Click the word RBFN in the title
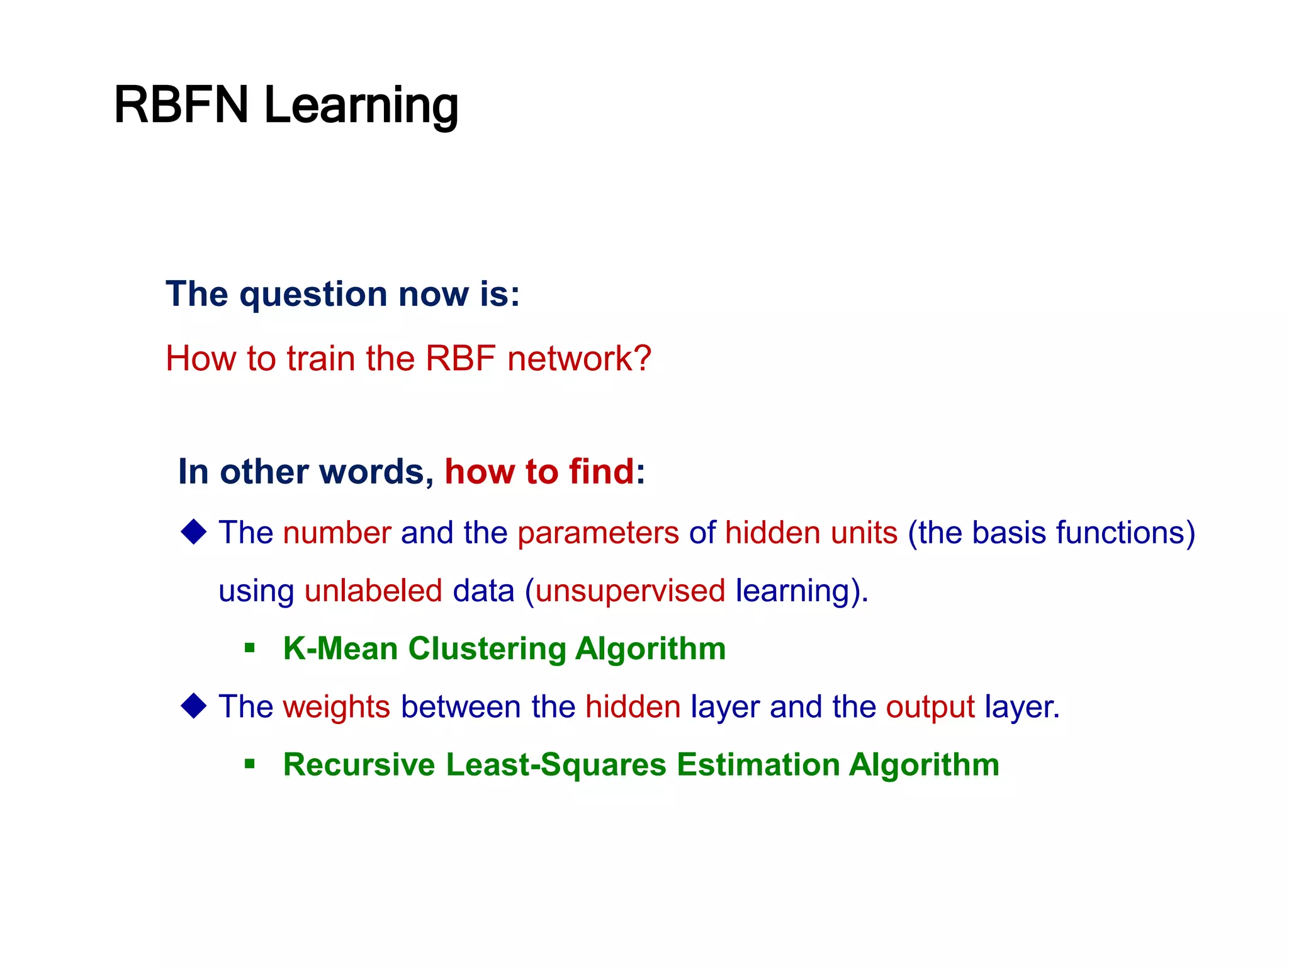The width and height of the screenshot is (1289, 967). (x=181, y=105)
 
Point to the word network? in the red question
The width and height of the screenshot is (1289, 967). (x=579, y=359)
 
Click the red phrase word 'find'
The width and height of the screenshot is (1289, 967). (x=601, y=472)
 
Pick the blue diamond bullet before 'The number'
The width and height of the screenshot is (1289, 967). (x=194, y=532)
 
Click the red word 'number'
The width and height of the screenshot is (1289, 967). (x=337, y=533)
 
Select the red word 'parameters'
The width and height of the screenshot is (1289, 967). (x=598, y=533)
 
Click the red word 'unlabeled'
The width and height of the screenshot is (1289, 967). (x=373, y=591)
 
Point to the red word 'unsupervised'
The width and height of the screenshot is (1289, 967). (x=630, y=591)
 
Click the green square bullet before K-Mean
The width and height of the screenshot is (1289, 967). (x=250, y=648)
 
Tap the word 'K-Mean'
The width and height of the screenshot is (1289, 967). (x=340, y=649)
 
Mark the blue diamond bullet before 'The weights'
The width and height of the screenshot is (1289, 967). (x=194, y=706)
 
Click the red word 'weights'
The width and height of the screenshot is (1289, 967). (x=337, y=707)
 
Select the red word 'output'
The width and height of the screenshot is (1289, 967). (x=930, y=707)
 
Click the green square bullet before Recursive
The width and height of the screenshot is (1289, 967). (x=250, y=764)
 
